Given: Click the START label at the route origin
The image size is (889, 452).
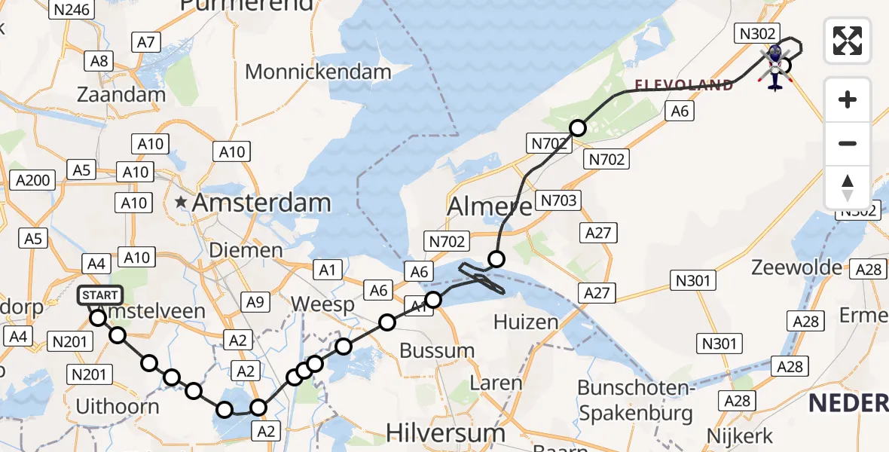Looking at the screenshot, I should click(98, 295).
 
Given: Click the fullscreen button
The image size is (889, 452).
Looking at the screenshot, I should click(848, 41).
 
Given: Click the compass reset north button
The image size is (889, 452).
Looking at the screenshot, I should click(848, 188).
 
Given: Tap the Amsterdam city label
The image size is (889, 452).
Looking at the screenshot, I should click(261, 203).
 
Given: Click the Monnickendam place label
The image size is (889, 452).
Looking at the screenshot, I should click(318, 72).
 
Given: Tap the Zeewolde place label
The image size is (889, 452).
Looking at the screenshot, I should click(798, 267).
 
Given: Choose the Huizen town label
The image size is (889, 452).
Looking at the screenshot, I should click(526, 322).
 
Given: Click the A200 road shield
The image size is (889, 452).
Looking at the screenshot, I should click(33, 180).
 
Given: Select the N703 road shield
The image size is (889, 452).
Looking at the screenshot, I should click(558, 200).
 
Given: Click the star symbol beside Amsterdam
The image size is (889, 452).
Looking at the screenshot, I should click(181, 202).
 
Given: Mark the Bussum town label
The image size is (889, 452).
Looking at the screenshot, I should click(437, 350).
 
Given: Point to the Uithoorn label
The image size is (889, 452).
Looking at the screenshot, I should click(118, 407).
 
